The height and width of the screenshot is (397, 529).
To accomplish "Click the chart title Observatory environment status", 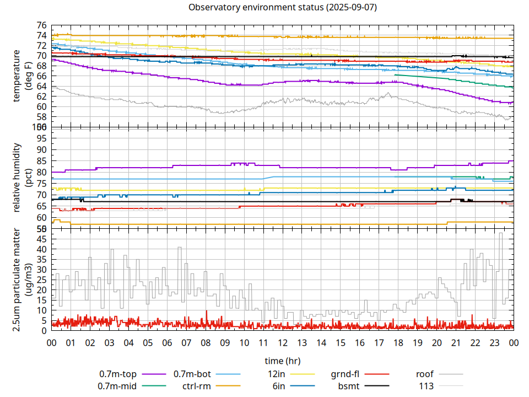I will pos(283,7).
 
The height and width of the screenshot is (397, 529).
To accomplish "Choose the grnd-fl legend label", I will pos(345,374).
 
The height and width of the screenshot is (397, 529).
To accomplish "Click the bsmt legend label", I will pos(348,386).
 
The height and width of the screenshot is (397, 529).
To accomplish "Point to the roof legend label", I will pos(424,374).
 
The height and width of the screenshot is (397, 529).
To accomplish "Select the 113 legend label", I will pos(427,386).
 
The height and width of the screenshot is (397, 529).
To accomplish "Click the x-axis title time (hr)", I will pos(283,361).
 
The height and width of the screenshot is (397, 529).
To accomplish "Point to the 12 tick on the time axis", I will pos(283,342).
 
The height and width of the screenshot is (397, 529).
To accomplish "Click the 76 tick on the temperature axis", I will pos(41,25).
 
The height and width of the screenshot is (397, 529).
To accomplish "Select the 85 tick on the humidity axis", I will pos(41,160).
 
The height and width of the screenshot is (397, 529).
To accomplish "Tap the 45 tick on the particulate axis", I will pos(41,239).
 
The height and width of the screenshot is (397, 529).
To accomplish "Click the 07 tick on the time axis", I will pos(186,342).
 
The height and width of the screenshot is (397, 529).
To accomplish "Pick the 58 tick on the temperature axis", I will pos(41,117).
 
